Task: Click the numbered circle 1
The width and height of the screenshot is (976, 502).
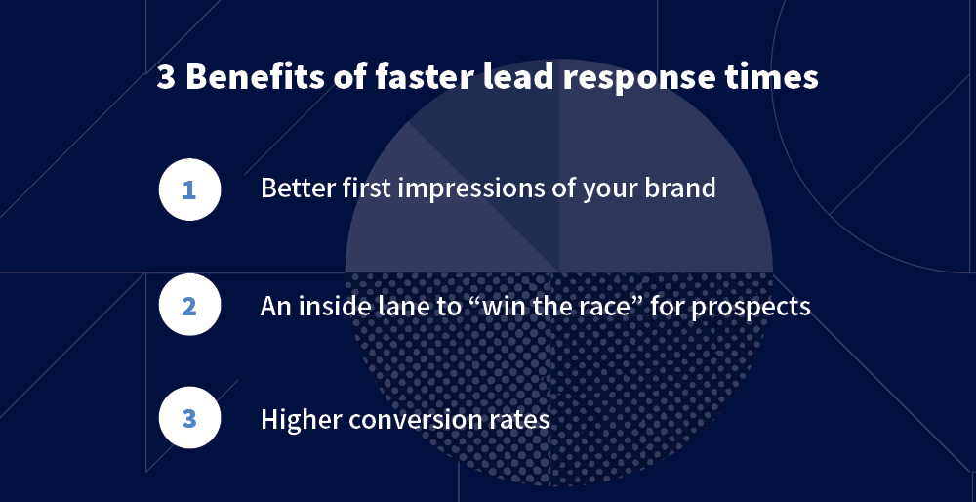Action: pyautogui.click(x=189, y=188)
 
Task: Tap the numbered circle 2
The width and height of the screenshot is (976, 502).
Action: pyautogui.click(x=189, y=306)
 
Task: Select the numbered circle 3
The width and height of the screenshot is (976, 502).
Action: pyautogui.click(x=189, y=420)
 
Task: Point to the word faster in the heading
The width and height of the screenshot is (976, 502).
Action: pyautogui.click(x=414, y=78)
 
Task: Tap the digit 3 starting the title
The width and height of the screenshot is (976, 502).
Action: pyautogui.click(x=166, y=78)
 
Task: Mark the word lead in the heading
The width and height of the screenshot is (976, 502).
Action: pyautogui.click(x=501, y=78)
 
